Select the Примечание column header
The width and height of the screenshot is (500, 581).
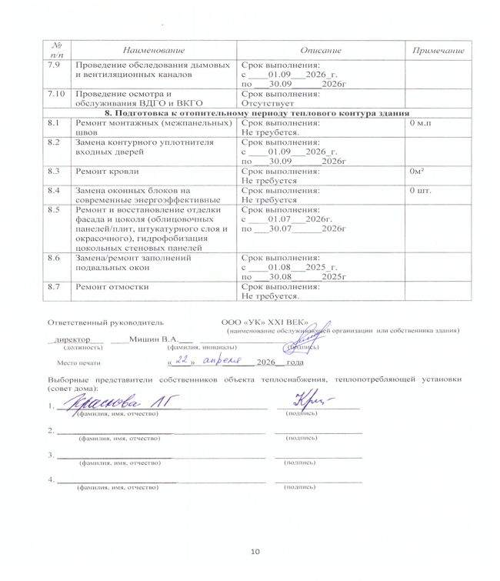coord(438,50)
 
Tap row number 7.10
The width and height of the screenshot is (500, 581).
coord(55,93)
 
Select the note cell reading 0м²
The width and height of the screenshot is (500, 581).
coord(419,172)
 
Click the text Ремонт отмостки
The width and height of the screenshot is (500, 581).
coord(111,286)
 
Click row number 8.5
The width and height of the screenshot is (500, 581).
coord(54,209)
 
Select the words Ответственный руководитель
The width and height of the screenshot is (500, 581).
coord(105,322)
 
